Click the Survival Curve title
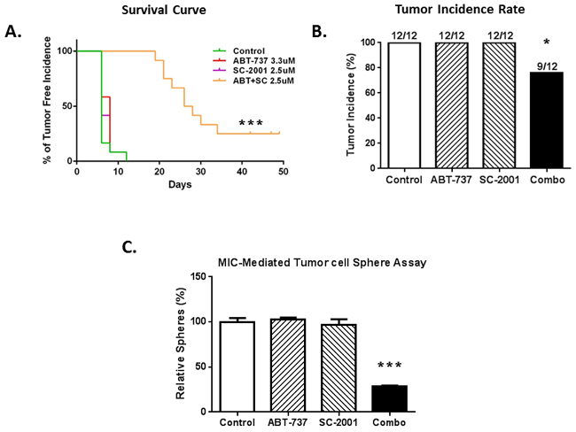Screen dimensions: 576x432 click(x=164, y=10)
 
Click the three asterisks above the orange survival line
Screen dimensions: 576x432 click(x=251, y=123)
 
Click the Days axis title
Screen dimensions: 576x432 click(x=180, y=184)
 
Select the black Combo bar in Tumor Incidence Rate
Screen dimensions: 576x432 click(x=547, y=120)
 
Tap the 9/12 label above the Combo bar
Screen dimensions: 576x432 click(x=547, y=66)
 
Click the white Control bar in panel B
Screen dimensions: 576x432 click(x=404, y=105)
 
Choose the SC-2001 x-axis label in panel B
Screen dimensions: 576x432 click(x=499, y=181)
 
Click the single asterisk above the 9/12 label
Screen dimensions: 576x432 click(x=547, y=42)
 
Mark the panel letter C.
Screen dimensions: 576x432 click(x=129, y=247)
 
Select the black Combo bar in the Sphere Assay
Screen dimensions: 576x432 click(x=389, y=398)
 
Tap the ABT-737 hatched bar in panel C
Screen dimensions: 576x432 click(x=288, y=366)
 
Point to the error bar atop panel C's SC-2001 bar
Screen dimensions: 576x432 click(x=339, y=321)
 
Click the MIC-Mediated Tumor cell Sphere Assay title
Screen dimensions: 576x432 click(x=323, y=263)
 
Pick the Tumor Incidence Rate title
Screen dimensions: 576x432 click(x=460, y=9)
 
